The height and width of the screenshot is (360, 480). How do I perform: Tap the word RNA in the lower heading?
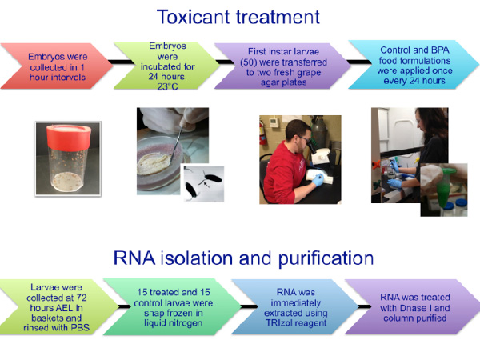(x=134, y=258)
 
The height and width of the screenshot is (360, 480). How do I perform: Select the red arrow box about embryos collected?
(x=57, y=66)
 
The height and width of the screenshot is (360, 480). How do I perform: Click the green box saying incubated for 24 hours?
(x=167, y=66)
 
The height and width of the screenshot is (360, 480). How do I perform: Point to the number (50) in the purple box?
(x=248, y=62)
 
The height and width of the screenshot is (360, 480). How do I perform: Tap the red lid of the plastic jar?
(x=69, y=137)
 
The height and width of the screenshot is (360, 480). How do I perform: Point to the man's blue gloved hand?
(x=318, y=180)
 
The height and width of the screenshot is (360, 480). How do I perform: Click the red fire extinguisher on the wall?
(x=262, y=134)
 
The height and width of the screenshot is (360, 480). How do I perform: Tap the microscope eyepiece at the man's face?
(x=311, y=145)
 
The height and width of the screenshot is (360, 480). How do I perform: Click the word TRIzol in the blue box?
(x=279, y=322)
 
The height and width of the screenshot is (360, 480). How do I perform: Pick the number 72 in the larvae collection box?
(x=81, y=298)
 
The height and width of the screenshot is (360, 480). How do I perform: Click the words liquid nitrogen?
(x=174, y=323)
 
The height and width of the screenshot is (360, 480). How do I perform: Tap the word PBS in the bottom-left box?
(x=80, y=327)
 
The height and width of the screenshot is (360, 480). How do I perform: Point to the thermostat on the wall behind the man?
(x=274, y=122)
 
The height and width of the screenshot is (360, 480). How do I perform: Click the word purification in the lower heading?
(x=326, y=258)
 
